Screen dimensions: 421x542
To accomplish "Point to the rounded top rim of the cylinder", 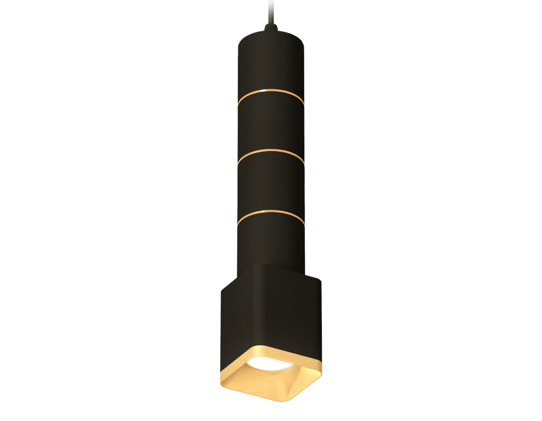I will pos(270,34).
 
